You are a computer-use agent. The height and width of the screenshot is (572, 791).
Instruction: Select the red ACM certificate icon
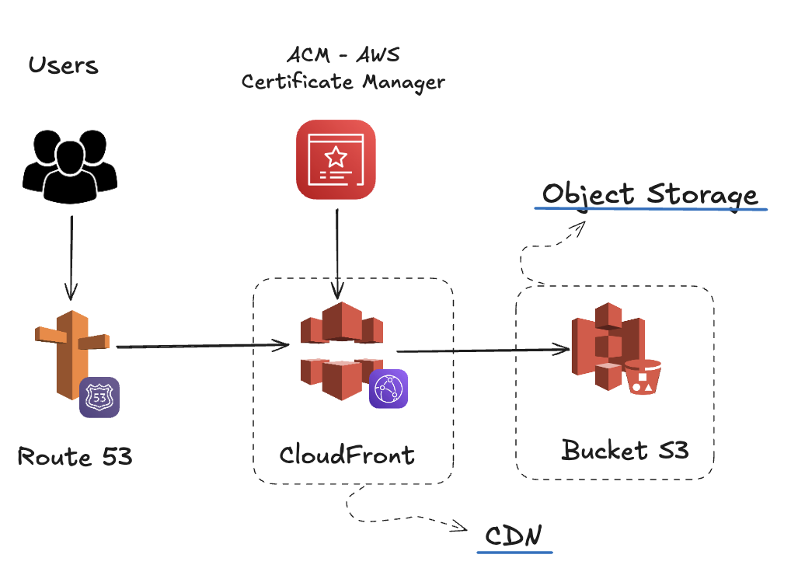336,159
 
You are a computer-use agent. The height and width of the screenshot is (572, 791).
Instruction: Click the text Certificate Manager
343,82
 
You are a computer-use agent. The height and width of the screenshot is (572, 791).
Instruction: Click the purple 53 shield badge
99,397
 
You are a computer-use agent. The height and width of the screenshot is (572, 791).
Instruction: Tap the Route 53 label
75,456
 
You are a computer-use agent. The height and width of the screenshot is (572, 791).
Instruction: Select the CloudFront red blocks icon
336,350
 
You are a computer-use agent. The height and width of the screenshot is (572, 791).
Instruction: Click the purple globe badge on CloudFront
389,389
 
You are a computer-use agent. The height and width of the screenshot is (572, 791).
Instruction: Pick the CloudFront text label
347,454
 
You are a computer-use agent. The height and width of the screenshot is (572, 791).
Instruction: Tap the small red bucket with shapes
643,376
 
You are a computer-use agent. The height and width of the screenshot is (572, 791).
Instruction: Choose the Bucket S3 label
625,450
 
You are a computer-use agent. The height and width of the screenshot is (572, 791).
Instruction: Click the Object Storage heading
650,194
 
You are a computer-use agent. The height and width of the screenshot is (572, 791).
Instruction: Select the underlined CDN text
514,536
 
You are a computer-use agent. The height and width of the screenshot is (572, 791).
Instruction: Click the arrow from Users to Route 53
71,257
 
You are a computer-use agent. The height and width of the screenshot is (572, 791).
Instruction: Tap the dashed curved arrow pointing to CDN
389,518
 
